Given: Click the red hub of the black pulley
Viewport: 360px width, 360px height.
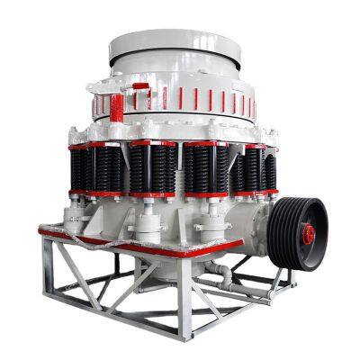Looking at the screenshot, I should click(x=308, y=233).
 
